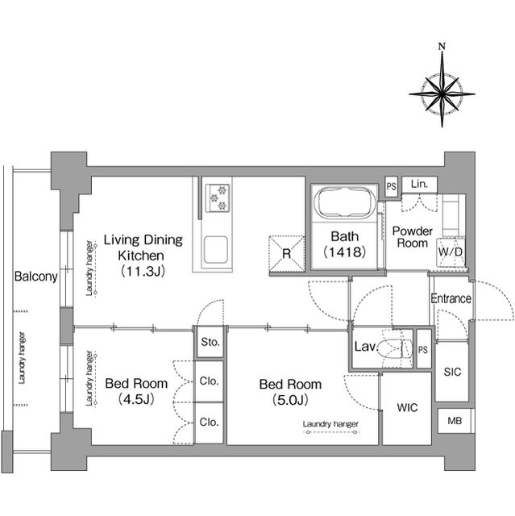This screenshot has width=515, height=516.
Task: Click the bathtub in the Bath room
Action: click(x=344, y=202)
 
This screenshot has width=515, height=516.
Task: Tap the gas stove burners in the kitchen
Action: click(x=218, y=198)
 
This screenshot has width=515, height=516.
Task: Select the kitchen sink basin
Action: click(x=215, y=249)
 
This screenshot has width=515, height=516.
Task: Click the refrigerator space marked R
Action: click(x=287, y=254)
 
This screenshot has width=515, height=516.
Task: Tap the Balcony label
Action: click(x=35, y=277)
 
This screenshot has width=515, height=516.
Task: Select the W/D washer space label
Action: click(x=451, y=252)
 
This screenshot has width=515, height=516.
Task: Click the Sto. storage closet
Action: click(x=210, y=342)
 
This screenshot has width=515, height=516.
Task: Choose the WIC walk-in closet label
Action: click(x=408, y=408)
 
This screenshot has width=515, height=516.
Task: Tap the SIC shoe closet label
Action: click(x=452, y=372)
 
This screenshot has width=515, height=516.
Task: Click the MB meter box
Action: click(x=455, y=421)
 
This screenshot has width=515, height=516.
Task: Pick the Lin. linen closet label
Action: click(x=420, y=184)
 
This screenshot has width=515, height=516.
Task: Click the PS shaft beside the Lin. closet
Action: click(x=392, y=187)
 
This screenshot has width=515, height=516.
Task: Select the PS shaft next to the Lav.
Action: click(x=424, y=349)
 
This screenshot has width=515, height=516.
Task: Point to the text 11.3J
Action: click(x=143, y=272)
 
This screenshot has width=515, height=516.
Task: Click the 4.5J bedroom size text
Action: click(x=136, y=400)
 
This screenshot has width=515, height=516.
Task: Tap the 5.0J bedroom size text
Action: click(x=290, y=400)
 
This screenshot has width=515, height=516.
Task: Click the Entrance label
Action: click(x=451, y=298)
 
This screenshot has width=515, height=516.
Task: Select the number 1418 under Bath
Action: click(x=345, y=252)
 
